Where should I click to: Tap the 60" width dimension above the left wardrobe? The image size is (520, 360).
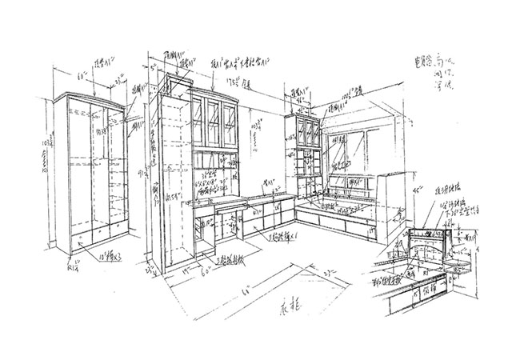point(81,78)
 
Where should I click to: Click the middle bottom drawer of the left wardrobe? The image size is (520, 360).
point(95,234)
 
